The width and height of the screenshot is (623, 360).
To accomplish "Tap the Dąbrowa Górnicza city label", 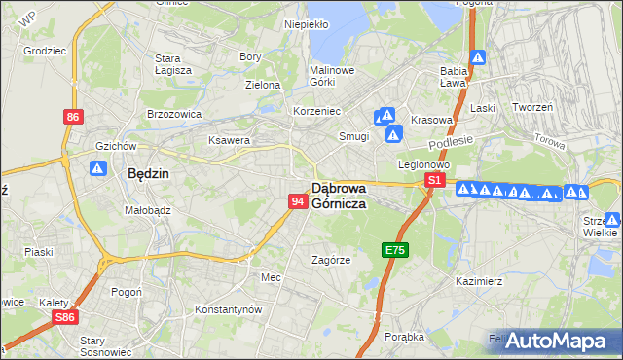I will tap(339, 196).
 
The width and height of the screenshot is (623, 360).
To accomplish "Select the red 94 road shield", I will tap(298, 201).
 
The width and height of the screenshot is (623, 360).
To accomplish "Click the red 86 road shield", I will tap(73, 117).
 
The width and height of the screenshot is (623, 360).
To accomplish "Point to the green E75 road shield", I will tap(394, 251).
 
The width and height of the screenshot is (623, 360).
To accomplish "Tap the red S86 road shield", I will tap(65, 317).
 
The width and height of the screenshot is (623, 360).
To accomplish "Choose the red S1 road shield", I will tap(434, 181).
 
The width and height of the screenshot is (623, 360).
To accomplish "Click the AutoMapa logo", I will tap(563, 341).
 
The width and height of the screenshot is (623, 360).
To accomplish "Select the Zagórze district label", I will tap(330, 261).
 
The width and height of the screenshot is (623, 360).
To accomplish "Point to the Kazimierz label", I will tap(478, 281).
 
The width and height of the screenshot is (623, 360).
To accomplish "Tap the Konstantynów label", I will tap(229, 309).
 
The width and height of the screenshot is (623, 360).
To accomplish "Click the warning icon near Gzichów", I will tap(97, 168).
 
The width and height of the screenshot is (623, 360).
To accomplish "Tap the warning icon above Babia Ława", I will tap(478, 57).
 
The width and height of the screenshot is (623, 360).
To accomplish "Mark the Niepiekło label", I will tap(306, 24).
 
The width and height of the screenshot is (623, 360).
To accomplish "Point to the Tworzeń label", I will tap(532, 107).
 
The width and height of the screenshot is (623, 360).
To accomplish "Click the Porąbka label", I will tap(404, 337).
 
